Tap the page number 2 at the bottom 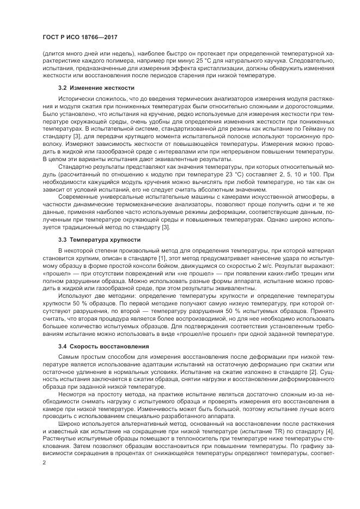(x=44, y=462)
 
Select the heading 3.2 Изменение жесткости (x=96, y=88)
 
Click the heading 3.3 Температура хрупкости (x=99, y=239)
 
